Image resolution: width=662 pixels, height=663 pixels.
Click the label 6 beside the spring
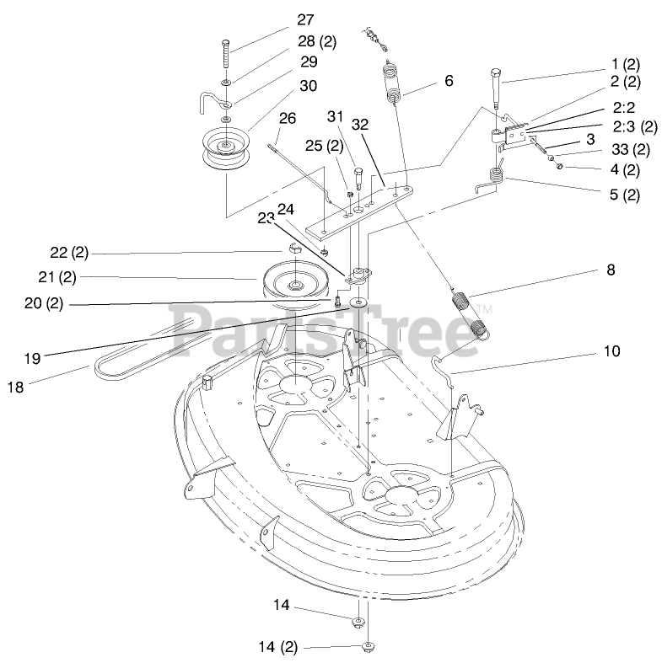click(x=449, y=81)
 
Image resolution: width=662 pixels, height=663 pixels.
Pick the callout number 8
click(x=611, y=270)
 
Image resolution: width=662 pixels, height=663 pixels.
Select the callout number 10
click(x=611, y=350)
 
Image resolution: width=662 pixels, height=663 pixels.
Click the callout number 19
click(x=32, y=358)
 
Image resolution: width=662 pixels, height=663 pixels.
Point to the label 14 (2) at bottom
click(x=278, y=647)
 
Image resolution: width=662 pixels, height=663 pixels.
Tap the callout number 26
click(x=287, y=118)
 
